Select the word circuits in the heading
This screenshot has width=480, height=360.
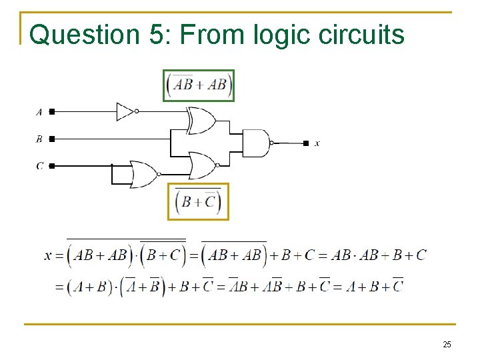(x=362, y=35)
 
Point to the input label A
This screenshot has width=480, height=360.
(x=39, y=112)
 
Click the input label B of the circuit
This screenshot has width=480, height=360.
(x=39, y=139)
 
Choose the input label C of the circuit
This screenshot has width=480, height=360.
(x=39, y=165)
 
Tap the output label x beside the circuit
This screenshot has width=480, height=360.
(x=317, y=143)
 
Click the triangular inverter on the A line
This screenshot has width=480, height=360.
(x=125, y=111)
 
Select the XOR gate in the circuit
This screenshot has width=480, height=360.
(x=201, y=121)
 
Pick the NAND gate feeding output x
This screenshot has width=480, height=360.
(x=255, y=143)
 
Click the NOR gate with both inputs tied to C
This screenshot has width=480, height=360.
(x=144, y=173)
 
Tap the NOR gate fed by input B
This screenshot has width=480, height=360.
(x=203, y=165)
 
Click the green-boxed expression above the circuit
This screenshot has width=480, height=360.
(x=199, y=85)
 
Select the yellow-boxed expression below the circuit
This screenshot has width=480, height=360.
(x=198, y=201)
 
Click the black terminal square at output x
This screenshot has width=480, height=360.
(x=306, y=143)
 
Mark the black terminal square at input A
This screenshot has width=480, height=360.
(x=52, y=112)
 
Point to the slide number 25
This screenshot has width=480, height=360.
(x=447, y=344)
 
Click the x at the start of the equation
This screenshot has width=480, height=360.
(x=48, y=255)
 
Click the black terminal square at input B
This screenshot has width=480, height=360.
(x=52, y=139)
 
